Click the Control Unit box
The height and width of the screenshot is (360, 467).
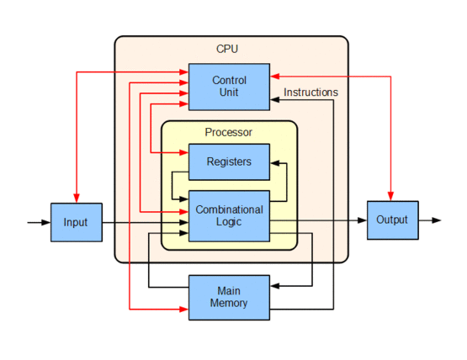[229, 87]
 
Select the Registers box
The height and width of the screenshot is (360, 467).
[229, 161]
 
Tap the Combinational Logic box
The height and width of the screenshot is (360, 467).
[229, 216]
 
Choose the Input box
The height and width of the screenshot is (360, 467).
[76, 223]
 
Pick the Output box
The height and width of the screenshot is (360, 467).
[392, 220]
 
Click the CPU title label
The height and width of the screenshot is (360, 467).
[227, 49]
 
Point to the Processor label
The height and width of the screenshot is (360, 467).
[228, 132]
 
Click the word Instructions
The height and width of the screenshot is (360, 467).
[310, 93]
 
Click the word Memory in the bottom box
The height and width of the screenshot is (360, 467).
[229, 303]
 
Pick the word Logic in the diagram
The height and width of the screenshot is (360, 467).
[229, 223]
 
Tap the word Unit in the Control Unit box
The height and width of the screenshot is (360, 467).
[229, 93]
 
